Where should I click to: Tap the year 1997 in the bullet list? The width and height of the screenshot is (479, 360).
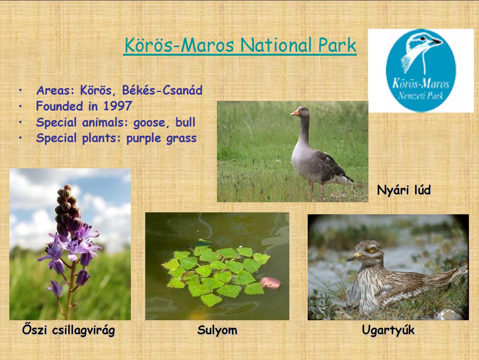[x=117, y=106]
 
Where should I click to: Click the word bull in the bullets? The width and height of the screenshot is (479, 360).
[x=185, y=122]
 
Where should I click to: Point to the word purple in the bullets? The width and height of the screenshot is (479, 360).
[x=144, y=139]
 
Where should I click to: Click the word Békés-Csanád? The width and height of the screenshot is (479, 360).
[x=162, y=90]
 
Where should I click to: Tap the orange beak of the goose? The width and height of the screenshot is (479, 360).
[x=294, y=113]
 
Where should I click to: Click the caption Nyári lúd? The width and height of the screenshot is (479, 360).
[x=404, y=190]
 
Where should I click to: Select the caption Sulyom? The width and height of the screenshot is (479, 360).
[x=217, y=330]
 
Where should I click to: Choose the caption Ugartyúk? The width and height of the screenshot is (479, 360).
[x=388, y=330]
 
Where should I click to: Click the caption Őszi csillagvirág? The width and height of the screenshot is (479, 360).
[x=69, y=330]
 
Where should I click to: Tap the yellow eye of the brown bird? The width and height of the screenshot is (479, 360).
[x=372, y=250]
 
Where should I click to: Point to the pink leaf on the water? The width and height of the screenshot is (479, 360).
[x=270, y=283]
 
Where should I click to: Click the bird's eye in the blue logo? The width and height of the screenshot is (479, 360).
[x=423, y=39]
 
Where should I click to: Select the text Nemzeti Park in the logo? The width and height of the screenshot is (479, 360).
[x=421, y=95]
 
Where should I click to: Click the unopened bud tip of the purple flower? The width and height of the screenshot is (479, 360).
[x=68, y=187]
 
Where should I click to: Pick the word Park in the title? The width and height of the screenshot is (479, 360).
[x=337, y=45]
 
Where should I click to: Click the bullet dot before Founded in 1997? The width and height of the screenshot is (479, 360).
[x=20, y=106]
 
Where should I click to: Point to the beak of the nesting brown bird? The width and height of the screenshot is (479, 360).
[x=354, y=257]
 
